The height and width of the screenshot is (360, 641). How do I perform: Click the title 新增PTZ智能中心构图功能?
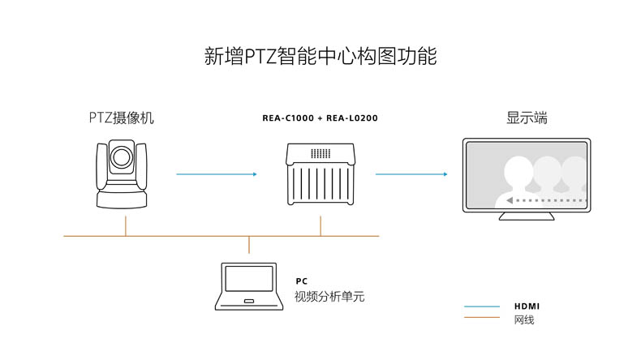[320, 56]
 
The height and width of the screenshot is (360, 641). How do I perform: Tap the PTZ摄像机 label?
[122, 118]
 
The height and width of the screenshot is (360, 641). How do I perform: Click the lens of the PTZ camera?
[122, 157]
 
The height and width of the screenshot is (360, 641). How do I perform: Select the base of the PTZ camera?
[122, 199]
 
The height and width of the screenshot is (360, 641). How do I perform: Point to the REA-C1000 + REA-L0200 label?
[320, 118]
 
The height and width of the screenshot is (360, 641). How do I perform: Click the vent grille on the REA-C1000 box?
[320, 153]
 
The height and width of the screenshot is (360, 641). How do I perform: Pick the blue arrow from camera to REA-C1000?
[217, 174]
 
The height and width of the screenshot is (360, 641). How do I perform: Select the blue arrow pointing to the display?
[411, 174]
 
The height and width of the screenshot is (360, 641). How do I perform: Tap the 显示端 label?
[527, 118]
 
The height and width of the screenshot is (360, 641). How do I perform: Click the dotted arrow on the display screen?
[547, 200]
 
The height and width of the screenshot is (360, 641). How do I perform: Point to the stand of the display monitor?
[527, 216]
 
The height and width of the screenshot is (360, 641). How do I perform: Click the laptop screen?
[249, 279]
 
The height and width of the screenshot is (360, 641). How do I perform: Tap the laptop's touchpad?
[249, 301]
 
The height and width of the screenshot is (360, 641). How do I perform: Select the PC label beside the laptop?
[302, 281]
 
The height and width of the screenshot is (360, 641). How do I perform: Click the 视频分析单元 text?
[329, 296]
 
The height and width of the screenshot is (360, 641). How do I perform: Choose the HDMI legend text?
[527, 306]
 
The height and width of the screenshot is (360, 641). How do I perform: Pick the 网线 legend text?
[524, 319]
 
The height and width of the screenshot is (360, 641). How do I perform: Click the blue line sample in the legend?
[482, 306]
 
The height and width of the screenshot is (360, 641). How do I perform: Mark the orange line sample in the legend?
[482, 317]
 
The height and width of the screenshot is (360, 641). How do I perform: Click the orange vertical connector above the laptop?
[249, 245]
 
